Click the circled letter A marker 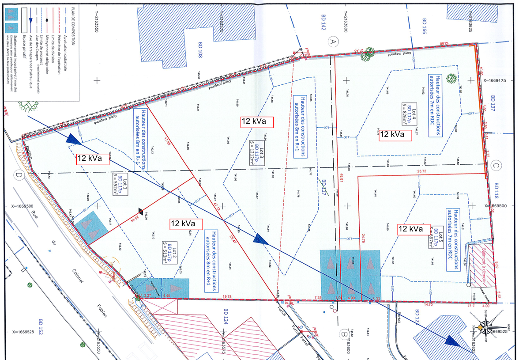click(x=334, y=42)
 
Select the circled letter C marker click(x=495, y=166)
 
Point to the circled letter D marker click(x=19, y=175)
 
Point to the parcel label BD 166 click(x=425, y=27)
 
